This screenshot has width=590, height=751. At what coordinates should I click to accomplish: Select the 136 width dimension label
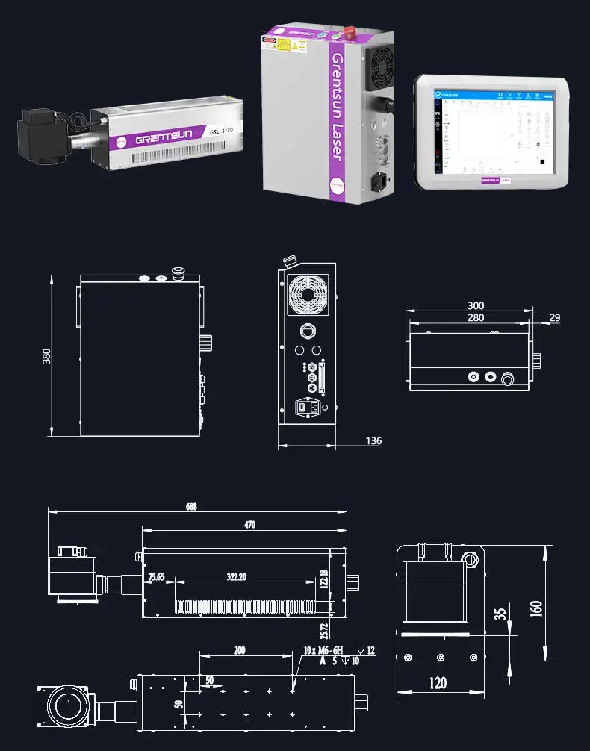pyautogui.click(x=373, y=440)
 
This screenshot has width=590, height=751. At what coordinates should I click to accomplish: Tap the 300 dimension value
pyautogui.click(x=476, y=305)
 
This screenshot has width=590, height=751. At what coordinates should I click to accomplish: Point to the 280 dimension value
pyautogui.click(x=476, y=318)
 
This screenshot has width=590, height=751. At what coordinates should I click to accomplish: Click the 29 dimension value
pyautogui.click(x=554, y=318)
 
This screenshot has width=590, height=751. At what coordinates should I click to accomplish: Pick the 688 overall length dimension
pyautogui.click(x=192, y=506)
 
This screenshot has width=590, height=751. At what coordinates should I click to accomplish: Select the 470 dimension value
pyautogui.click(x=249, y=525)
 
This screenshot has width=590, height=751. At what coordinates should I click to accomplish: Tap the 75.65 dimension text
pyautogui.click(x=156, y=577)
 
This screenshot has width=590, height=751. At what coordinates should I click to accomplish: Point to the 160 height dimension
pyautogui.click(x=535, y=608)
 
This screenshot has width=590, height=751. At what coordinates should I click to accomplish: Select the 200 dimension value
pyautogui.click(x=239, y=650)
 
